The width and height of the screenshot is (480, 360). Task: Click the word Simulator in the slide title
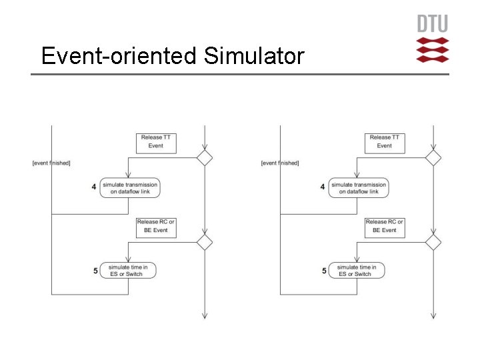point(254,56)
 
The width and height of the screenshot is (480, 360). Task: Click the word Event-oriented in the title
point(119,56)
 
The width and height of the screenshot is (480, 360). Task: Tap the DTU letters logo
point(433,24)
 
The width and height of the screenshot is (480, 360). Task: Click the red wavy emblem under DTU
point(433,50)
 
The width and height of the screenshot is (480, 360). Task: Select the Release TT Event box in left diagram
point(156,142)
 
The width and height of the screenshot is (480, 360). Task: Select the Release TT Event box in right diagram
point(385,142)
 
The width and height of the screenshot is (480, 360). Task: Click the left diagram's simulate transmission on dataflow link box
point(130,188)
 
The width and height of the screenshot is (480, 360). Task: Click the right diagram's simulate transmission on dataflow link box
point(359,188)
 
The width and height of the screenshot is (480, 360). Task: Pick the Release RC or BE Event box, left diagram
point(156,226)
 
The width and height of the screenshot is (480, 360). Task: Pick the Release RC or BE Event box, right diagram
point(385,226)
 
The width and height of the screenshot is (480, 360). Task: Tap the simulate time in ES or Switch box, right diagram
point(357,270)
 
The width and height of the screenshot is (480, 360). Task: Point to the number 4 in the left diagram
point(94,187)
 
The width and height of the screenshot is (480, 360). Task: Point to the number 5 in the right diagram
point(324,271)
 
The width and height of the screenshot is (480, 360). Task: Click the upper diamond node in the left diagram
point(204,158)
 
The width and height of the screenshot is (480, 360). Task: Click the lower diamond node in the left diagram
point(204,242)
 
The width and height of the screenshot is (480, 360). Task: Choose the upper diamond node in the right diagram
point(433,158)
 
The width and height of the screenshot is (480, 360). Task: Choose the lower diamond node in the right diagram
point(433,242)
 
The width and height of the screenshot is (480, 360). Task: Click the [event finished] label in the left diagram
point(51,163)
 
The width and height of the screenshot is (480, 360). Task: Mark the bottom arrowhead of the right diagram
point(433,315)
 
